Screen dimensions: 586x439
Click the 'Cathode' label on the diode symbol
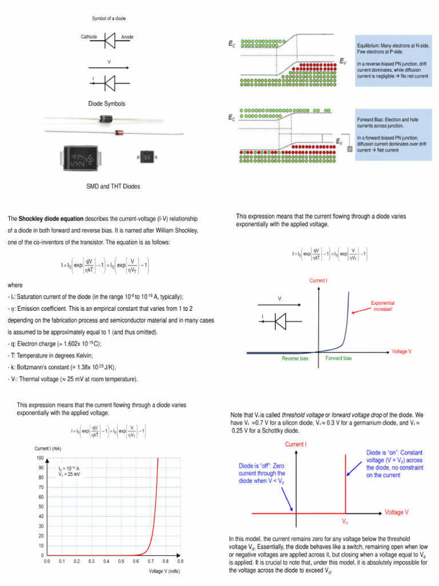pos(89,37)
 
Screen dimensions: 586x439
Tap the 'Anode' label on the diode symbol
pos(127,37)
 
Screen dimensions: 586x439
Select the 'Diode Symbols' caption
pos(106,104)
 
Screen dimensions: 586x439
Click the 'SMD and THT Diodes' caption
pos(113,186)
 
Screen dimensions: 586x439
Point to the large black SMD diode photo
pos(79,157)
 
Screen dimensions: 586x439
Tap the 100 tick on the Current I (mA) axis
pos(40,458)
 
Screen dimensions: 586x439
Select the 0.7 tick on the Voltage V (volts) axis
pos(150,562)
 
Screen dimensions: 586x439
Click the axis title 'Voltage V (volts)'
pos(165,571)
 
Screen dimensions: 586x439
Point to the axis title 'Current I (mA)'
pos(49,448)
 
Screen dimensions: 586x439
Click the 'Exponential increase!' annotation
pos(382,306)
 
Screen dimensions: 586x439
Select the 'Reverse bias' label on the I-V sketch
pos(295,359)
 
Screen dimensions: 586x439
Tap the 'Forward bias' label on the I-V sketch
pos(338,358)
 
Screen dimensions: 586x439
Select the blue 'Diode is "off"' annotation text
pos(262,473)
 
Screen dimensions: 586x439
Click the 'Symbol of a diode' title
pos(109,18)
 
